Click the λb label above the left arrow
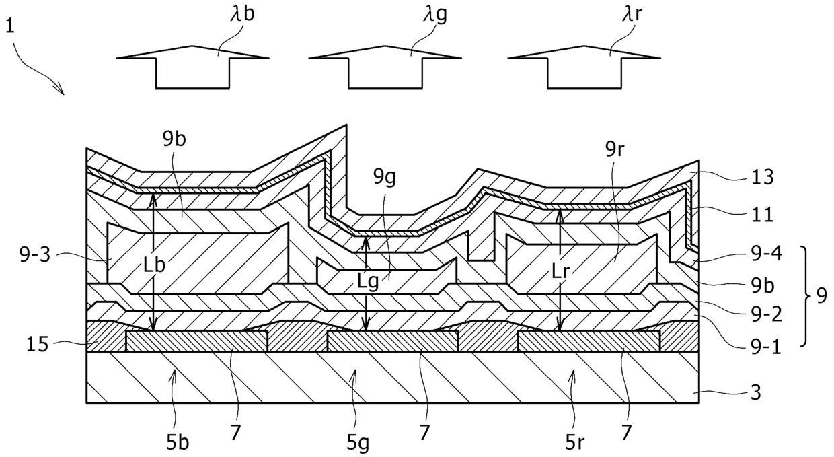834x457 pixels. click(x=243, y=16)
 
